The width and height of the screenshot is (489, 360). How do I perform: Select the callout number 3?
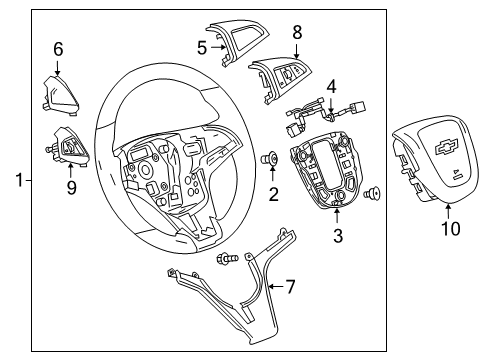coord(338,236)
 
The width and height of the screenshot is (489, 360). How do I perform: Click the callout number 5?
coord(201,46)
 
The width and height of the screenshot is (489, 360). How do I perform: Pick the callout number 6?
coord(58,47)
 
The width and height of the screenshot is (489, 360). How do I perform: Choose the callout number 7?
coord(291,287)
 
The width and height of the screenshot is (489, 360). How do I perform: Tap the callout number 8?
coord(296,33)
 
